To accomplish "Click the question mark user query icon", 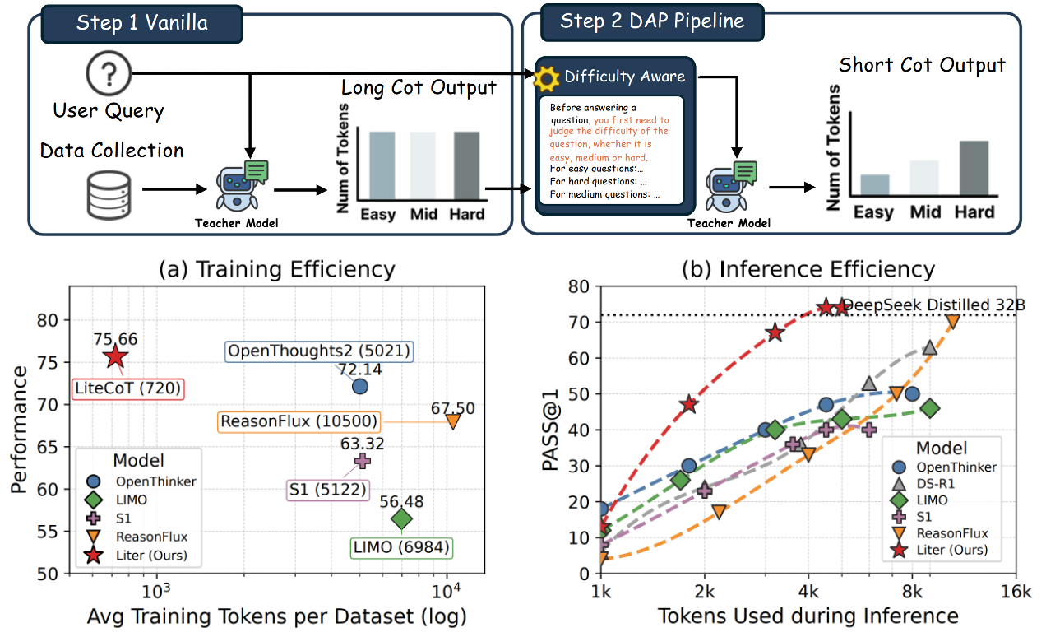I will click(x=109, y=73).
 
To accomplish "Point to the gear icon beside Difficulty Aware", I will click(x=547, y=77).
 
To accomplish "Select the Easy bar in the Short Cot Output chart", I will click(x=873, y=188).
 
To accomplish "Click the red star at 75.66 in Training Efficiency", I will click(x=115, y=356).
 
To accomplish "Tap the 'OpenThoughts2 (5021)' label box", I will click(x=319, y=351).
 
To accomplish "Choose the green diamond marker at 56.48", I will click(x=401, y=518).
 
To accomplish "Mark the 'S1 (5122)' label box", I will click(x=321, y=488).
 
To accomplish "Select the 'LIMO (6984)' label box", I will click(x=403, y=549).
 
